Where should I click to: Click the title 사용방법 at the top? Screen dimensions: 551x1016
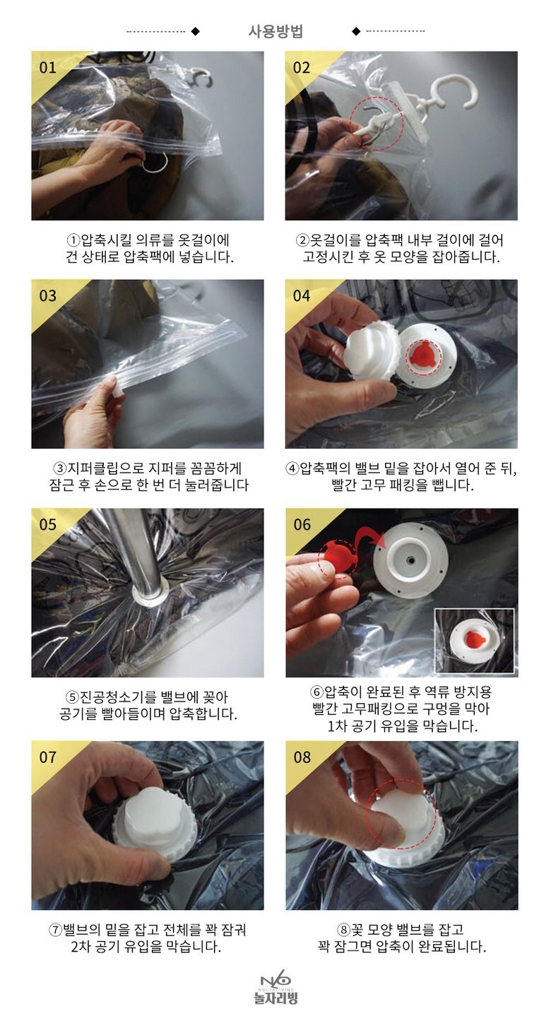tap(275, 31)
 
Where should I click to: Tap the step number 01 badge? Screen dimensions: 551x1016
tap(47, 68)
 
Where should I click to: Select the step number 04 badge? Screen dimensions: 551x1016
tap(302, 296)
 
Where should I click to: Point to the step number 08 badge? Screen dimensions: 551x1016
tap(302, 757)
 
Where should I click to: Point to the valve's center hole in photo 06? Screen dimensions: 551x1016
tap(411, 560)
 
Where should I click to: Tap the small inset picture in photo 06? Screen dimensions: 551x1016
tap(475, 640)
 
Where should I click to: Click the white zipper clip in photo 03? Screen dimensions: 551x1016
tap(117, 389)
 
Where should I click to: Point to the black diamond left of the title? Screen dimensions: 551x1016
tap(196, 31)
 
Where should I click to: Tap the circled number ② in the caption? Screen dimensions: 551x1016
tap(302, 240)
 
